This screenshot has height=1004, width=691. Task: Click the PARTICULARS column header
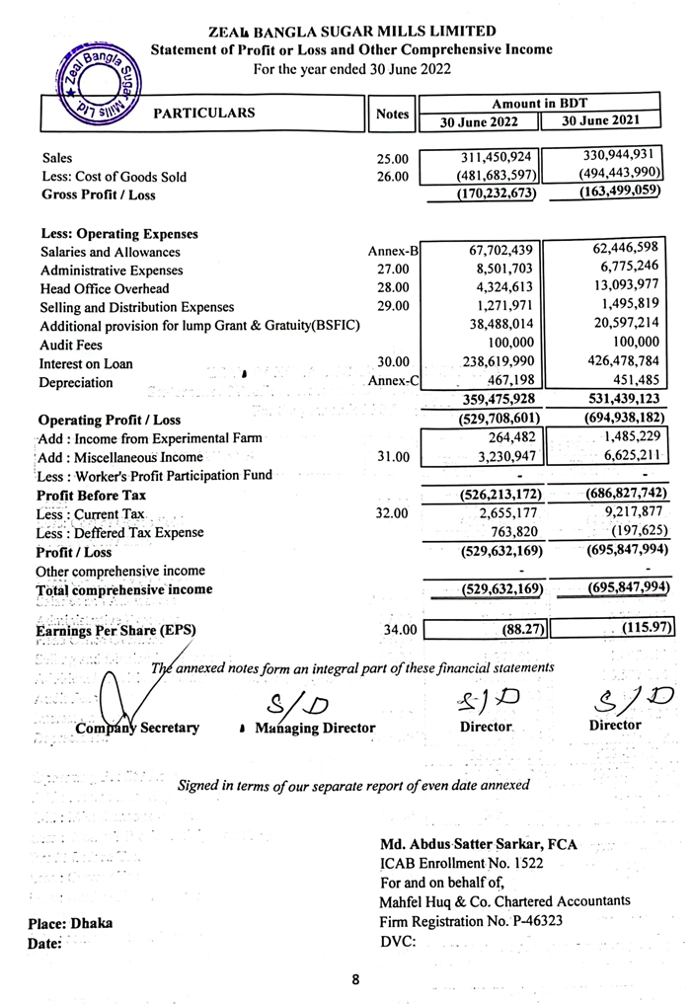point(204,113)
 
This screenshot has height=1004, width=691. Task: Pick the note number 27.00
point(392,270)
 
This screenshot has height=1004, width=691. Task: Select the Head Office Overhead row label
point(105,288)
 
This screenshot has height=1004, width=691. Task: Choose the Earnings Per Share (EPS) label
point(110,629)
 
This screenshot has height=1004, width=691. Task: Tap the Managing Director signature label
point(314,728)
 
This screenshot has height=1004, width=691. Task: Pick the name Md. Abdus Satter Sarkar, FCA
point(479,845)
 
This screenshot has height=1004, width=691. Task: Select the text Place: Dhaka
point(70,923)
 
